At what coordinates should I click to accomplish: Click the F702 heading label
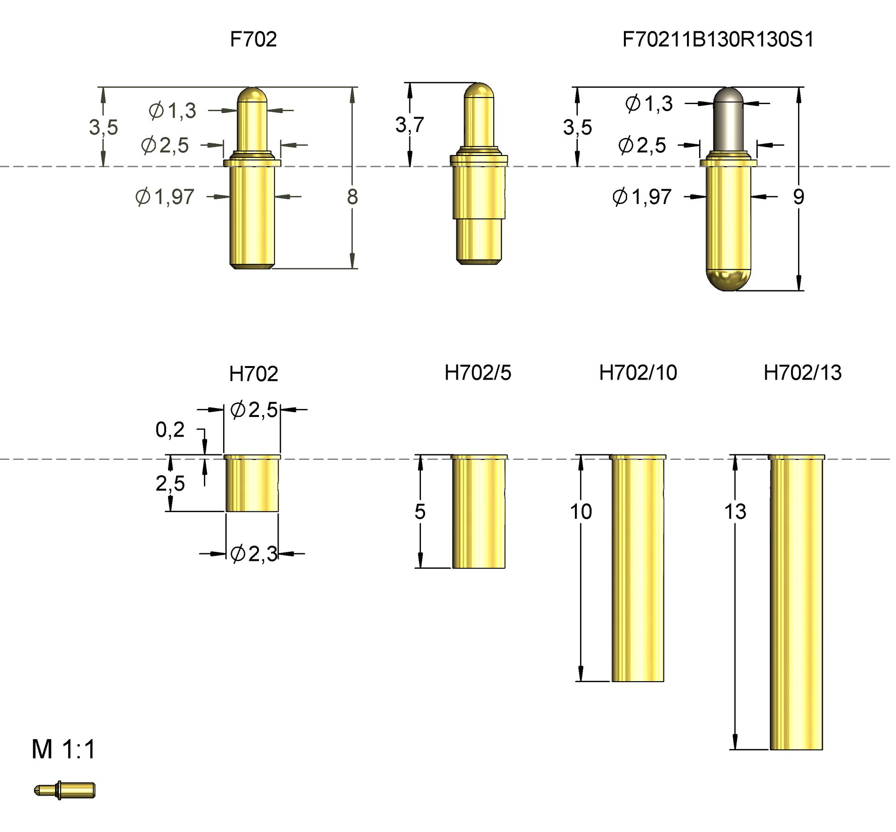(253, 39)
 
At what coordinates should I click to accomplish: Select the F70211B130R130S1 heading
(718, 39)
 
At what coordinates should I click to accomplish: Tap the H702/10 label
(637, 373)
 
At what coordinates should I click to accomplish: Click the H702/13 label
(802, 373)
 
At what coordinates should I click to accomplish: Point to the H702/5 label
(477, 373)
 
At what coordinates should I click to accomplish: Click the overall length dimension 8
(352, 197)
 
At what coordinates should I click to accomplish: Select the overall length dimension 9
(798, 197)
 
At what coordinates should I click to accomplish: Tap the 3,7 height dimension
(409, 125)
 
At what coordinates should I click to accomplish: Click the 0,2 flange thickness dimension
(170, 430)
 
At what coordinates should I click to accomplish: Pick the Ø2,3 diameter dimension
(254, 554)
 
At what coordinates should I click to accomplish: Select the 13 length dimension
(735, 512)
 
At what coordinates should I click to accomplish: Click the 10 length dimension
(581, 512)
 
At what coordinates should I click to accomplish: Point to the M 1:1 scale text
(63, 749)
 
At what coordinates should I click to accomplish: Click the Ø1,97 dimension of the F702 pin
(165, 197)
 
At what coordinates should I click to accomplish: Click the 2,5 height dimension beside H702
(170, 483)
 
